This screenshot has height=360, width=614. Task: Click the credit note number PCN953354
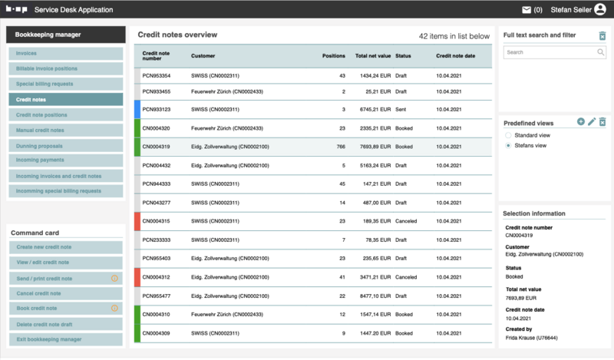(157, 76)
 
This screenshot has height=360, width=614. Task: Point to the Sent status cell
(402, 109)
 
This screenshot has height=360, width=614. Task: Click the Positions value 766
(338, 147)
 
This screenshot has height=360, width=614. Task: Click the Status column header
(404, 55)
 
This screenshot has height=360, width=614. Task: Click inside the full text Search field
(549, 52)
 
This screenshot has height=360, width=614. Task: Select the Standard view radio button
(508, 135)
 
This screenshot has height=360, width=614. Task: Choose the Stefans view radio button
(508, 145)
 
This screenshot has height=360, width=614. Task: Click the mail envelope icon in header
(527, 10)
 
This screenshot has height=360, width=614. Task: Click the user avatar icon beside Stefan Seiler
(599, 10)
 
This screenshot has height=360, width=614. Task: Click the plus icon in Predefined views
(581, 122)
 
